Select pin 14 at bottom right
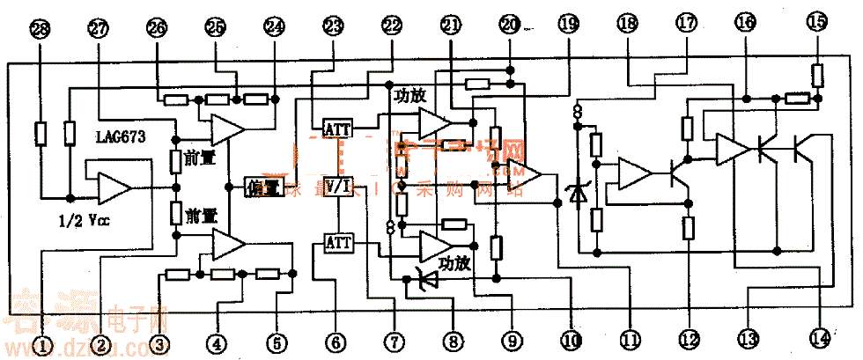pyautogui.click(x=821, y=338)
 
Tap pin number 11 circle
pyautogui.click(x=630, y=338)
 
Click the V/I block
pyautogui.click(x=338, y=186)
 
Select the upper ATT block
pyautogui.click(x=338, y=129)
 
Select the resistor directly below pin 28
pyautogui.click(x=39, y=134)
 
